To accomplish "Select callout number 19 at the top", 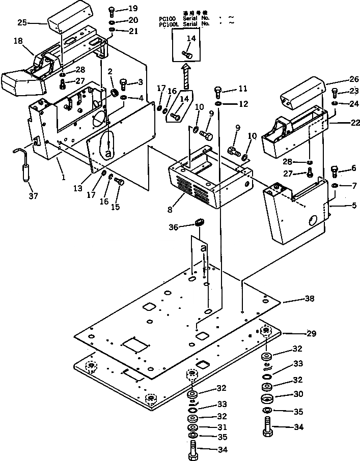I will [133, 9].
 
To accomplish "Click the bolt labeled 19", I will [113, 10].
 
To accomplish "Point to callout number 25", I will [22, 22].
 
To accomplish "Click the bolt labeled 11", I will [218, 92].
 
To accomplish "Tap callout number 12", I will [243, 104].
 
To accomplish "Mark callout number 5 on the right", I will [346, 206].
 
